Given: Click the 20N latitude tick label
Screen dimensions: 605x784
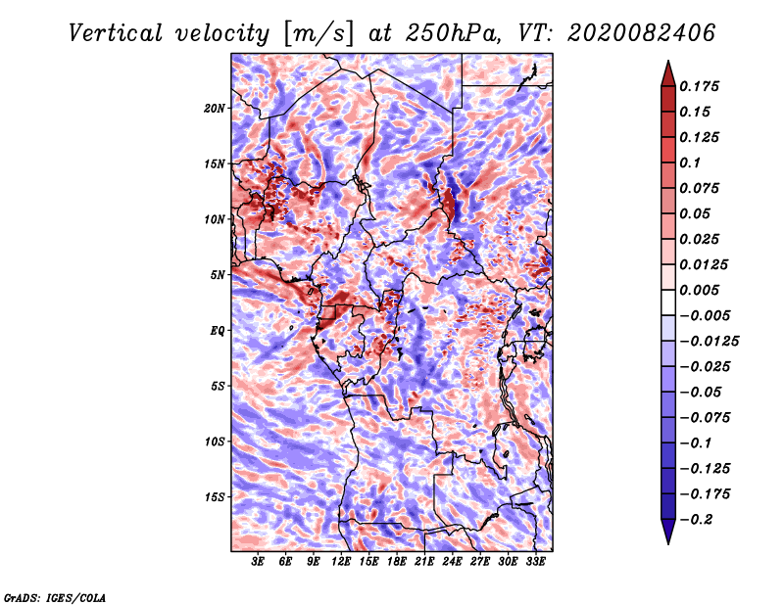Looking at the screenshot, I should (x=215, y=108).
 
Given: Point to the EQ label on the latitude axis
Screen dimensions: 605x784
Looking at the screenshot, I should (x=219, y=331).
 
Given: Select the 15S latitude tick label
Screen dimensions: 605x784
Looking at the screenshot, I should (x=215, y=497).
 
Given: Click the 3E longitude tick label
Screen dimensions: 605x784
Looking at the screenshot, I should (x=259, y=561).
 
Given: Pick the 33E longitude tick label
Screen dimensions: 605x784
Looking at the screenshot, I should (x=535, y=561).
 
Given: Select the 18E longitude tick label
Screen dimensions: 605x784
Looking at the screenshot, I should (x=397, y=561).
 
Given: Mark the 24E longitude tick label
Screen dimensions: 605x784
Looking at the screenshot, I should (x=452, y=561).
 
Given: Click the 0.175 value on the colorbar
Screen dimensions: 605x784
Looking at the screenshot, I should (x=703, y=86).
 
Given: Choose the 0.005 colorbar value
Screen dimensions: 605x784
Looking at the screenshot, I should (x=703, y=291).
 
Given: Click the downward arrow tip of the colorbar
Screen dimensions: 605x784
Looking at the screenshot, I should (x=667, y=541).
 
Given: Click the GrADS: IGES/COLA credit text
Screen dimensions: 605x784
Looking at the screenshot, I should (x=55, y=596).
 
